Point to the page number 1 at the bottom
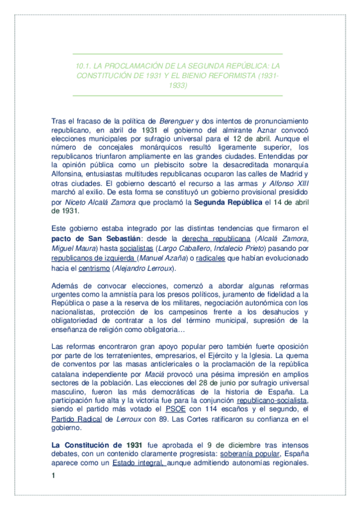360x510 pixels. [x=53, y=476]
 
